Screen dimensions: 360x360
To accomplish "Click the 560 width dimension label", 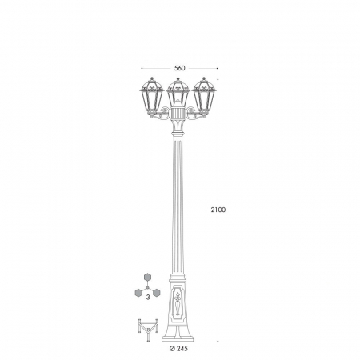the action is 179,68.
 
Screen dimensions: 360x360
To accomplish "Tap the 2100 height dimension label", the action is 218,210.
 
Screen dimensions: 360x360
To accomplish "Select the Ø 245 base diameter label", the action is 178,349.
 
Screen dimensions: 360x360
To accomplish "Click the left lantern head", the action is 151,96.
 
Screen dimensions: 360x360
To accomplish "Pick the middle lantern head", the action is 178,92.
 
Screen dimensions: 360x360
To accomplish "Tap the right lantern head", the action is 204,96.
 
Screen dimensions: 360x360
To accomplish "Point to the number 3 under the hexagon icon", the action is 148,298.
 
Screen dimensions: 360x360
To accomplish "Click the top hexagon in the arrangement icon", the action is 147,278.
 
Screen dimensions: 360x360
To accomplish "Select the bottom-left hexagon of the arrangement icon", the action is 138,293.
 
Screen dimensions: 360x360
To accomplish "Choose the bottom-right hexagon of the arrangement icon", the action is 157,293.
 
